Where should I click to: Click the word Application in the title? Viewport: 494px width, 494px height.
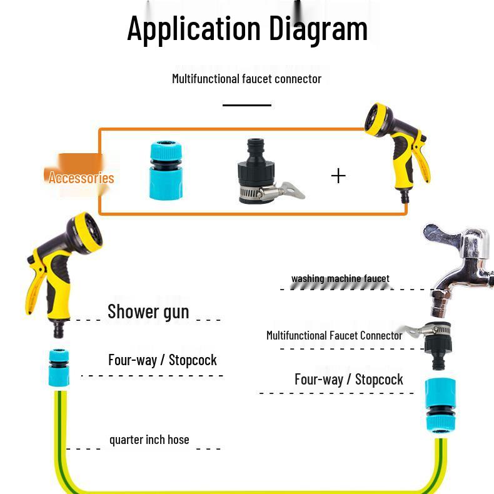click(x=194, y=29)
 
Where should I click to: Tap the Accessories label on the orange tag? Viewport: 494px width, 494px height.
click(x=81, y=178)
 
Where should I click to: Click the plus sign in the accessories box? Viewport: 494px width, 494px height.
click(x=338, y=176)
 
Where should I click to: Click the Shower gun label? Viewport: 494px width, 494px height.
click(x=148, y=311)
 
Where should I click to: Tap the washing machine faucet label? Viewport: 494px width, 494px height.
click(x=340, y=279)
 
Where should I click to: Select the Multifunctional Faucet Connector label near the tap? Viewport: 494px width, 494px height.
click(x=334, y=336)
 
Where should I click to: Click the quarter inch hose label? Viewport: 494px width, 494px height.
click(x=149, y=440)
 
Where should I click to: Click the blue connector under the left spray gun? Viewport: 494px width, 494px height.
click(x=59, y=368)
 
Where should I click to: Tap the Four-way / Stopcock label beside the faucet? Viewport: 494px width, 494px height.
click(x=348, y=380)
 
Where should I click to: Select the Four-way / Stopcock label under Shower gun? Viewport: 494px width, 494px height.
click(x=162, y=360)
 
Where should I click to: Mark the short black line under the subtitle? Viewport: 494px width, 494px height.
click(x=247, y=105)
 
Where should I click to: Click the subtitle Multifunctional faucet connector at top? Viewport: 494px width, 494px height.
click(x=246, y=79)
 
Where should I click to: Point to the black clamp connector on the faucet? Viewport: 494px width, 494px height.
click(x=441, y=341)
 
